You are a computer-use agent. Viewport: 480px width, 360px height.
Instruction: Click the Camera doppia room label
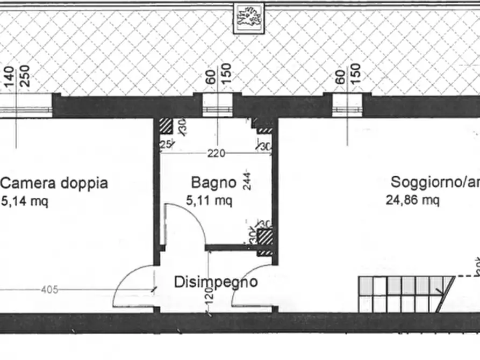click(54, 183)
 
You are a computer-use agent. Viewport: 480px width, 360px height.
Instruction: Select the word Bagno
click(214, 183)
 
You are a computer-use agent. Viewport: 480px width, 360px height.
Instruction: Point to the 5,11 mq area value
click(209, 201)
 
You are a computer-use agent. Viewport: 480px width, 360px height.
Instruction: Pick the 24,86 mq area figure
click(412, 200)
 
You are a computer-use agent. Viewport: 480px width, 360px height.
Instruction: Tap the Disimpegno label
click(216, 282)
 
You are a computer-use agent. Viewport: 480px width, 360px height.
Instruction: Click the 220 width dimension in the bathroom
click(216, 154)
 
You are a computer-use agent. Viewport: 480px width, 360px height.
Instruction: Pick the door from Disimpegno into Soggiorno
click(253, 287)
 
